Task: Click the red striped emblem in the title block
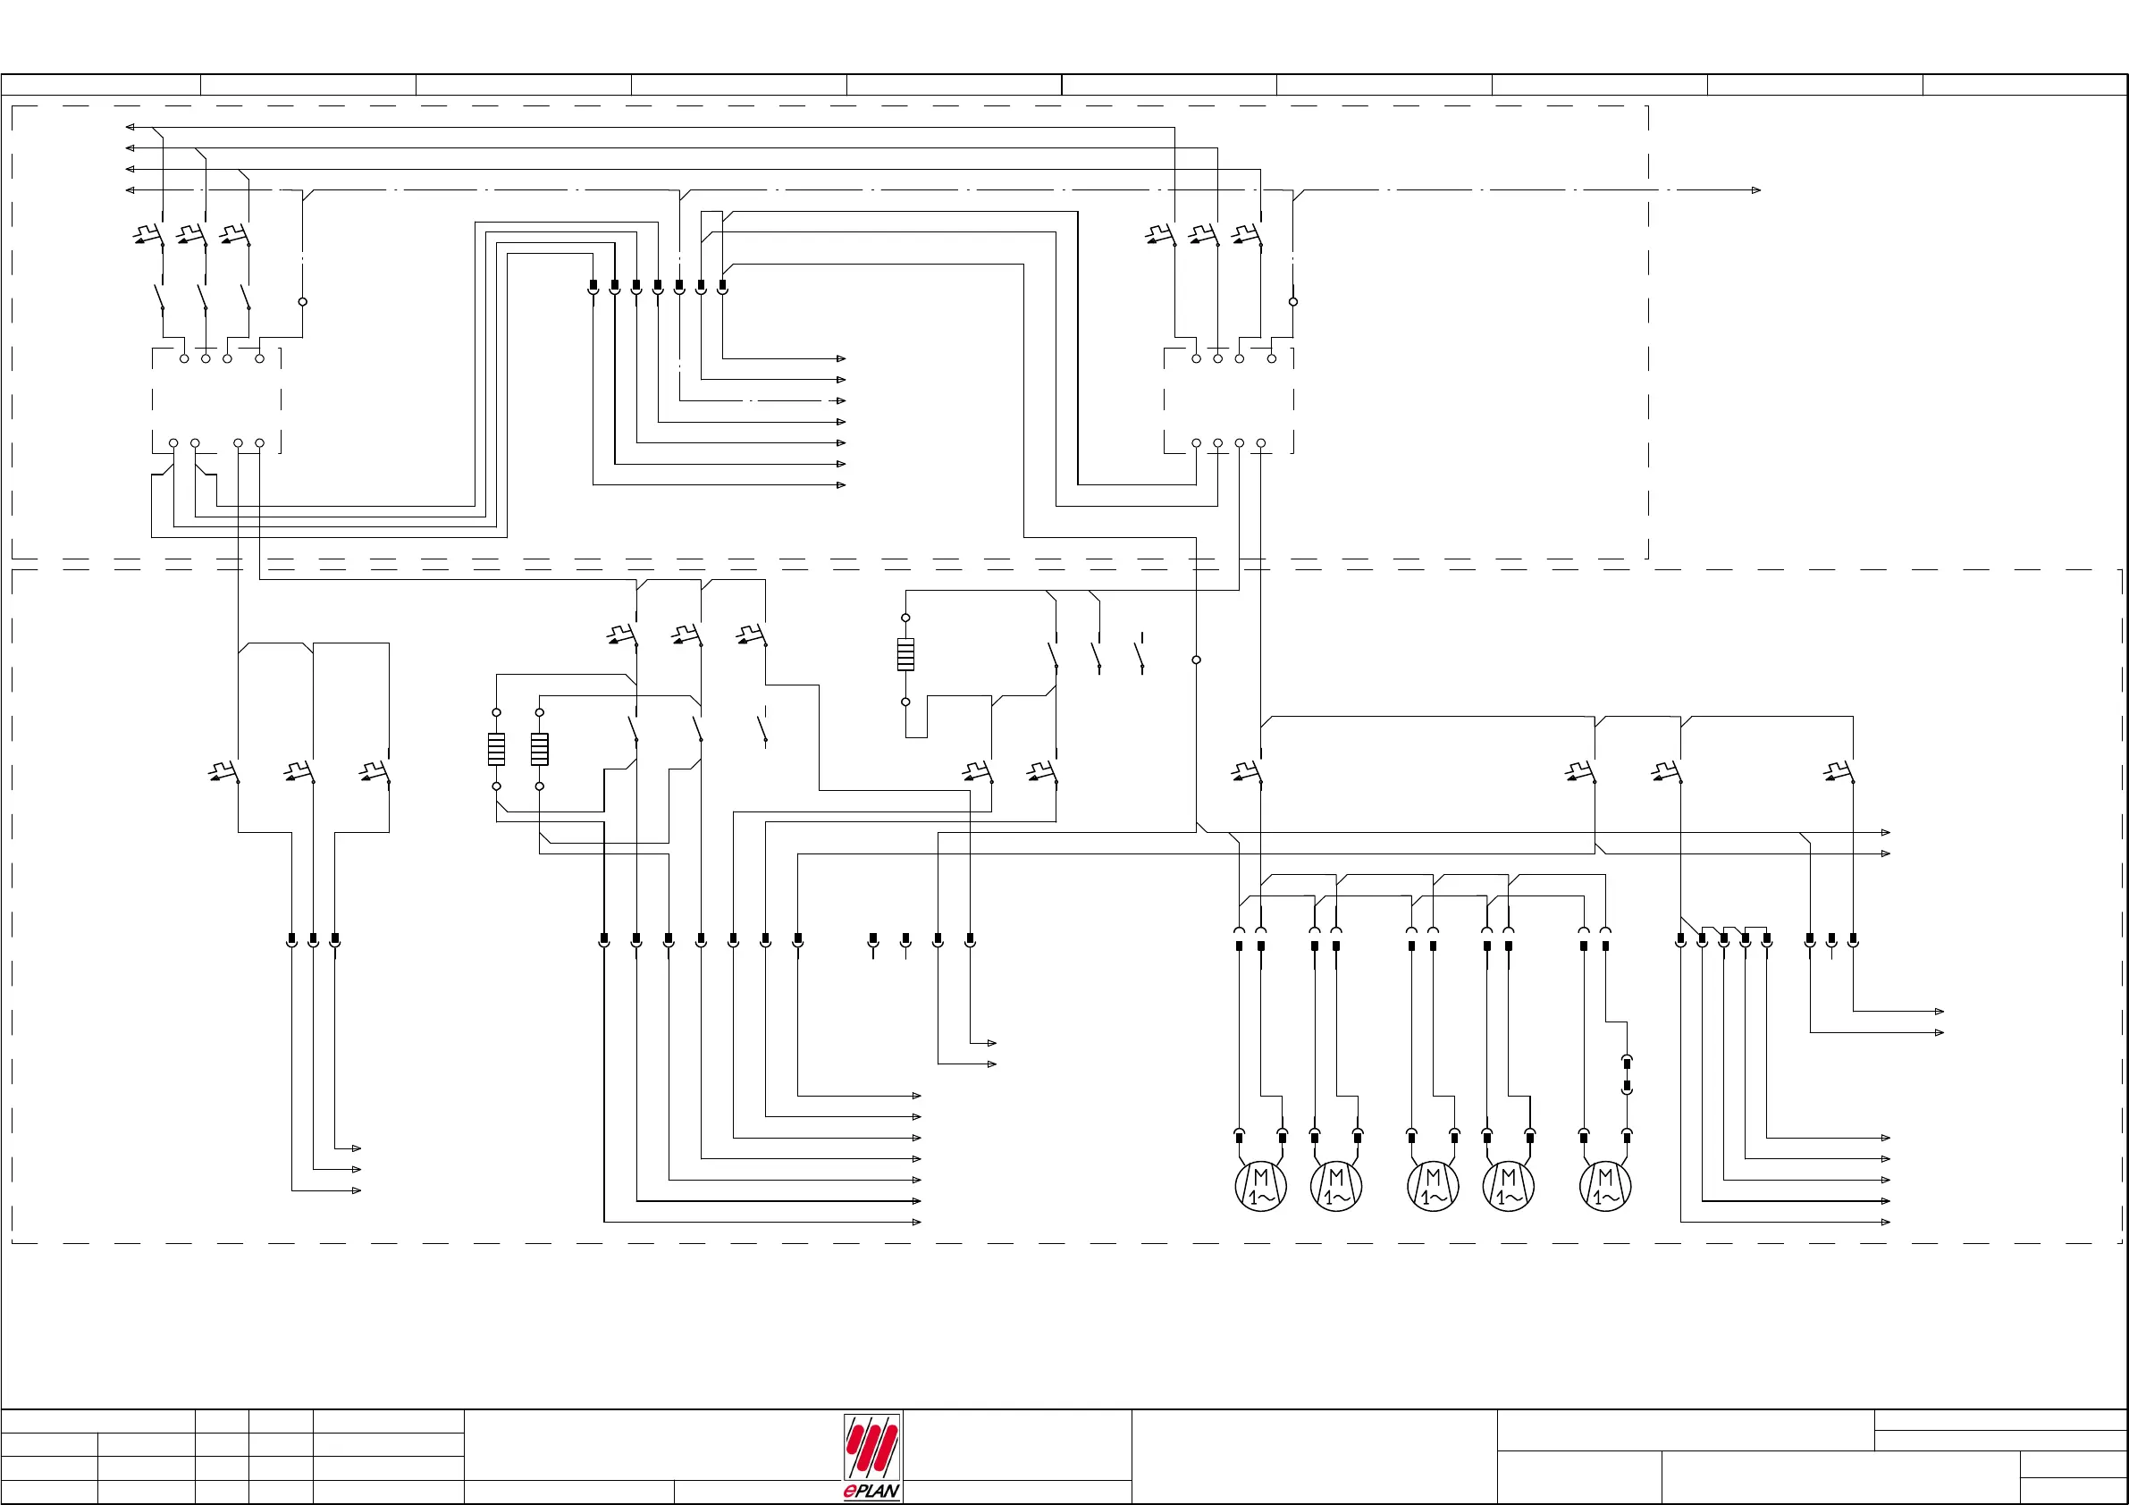click(x=871, y=1448)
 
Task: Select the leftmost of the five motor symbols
click(x=1261, y=1185)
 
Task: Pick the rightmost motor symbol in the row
click(x=1605, y=1185)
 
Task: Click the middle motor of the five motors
click(x=1433, y=1185)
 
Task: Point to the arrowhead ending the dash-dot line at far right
click(x=1755, y=190)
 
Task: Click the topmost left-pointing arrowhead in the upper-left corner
click(x=130, y=127)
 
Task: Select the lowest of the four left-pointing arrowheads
click(x=130, y=190)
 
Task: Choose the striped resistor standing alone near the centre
click(x=906, y=655)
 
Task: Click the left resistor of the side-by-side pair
click(x=497, y=749)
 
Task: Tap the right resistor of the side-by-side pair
click(x=540, y=749)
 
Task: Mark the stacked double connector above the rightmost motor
click(x=1627, y=1074)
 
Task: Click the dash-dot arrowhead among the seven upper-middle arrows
click(x=841, y=400)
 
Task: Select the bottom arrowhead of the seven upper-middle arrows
click(x=841, y=485)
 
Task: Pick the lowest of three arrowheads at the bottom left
click(x=356, y=1190)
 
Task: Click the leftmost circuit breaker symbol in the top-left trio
click(x=148, y=235)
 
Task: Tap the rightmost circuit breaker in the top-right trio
click(x=1247, y=235)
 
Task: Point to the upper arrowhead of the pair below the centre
click(x=992, y=1043)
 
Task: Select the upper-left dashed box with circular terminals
click(x=216, y=400)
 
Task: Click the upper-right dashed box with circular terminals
click(x=1229, y=400)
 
